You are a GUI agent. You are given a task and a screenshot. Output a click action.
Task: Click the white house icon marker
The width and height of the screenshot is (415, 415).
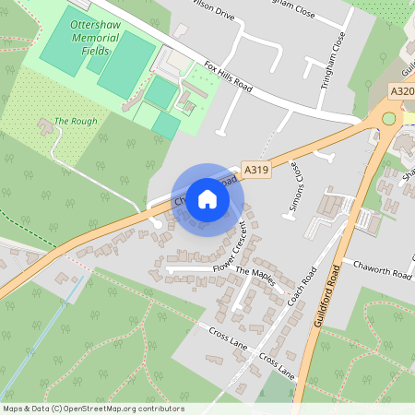coord(207,198)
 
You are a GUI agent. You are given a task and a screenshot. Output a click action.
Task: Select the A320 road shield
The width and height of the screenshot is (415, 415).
coord(402,91)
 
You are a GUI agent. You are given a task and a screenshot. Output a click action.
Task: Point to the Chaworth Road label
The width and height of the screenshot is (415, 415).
coord(376,274)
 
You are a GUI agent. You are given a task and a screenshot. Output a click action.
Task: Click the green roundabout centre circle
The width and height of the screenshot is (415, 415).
coord(389,118)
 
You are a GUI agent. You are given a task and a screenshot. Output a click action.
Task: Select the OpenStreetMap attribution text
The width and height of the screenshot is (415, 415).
coord(92,409)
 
